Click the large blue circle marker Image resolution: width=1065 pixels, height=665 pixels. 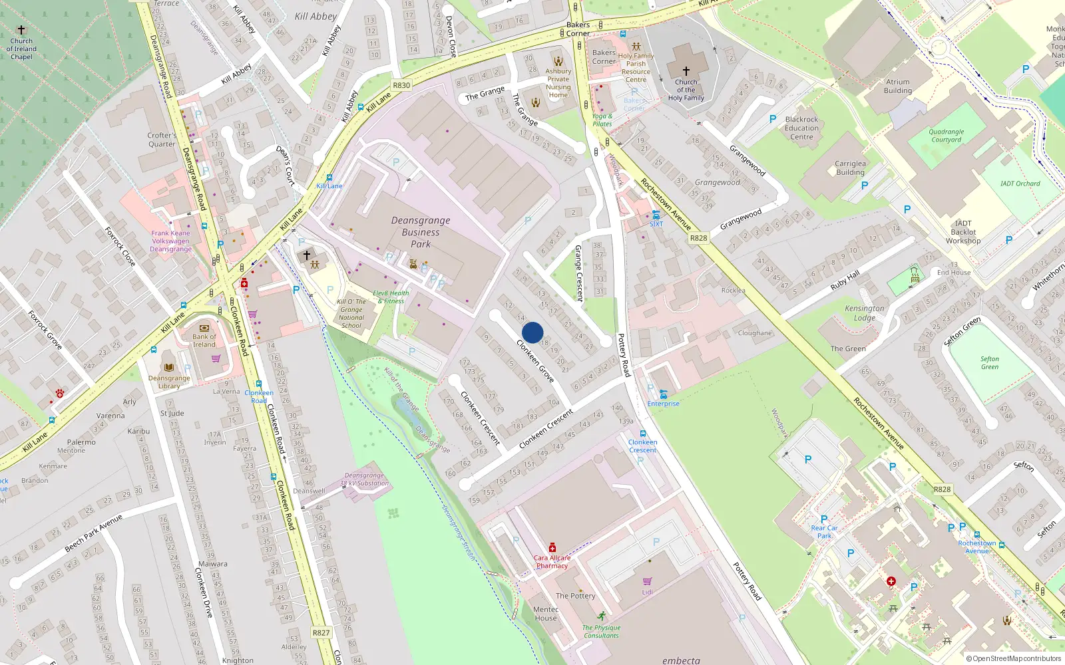(532, 332)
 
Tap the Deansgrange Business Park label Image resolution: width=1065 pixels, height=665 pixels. (421, 232)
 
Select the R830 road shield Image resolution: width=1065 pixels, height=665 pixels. (401, 85)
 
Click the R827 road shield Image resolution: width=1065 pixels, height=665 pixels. (321, 632)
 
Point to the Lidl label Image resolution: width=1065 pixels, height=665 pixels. (647, 592)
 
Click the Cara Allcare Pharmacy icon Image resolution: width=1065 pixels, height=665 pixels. (552, 548)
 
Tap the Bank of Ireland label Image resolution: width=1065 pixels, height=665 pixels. (204, 340)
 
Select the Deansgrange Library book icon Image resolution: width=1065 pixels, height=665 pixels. (169, 367)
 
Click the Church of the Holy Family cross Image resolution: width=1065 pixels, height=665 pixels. (686, 70)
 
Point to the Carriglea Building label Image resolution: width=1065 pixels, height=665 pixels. (850, 168)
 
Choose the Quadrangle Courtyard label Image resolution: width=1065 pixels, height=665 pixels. (946, 136)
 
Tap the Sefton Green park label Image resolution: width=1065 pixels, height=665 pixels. (989, 362)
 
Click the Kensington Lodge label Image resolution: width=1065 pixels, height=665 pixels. (865, 313)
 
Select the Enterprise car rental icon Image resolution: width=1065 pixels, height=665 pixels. (663, 394)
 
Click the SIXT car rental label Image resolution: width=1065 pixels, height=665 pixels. (656, 224)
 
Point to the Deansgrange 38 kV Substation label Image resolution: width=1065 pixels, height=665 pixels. (365, 479)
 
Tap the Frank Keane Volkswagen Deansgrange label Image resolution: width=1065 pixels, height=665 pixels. (170, 241)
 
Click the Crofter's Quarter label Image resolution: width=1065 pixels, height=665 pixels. (162, 139)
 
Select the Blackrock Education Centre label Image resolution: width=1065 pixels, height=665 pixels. (801, 128)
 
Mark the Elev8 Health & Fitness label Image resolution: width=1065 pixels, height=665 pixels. (391, 297)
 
